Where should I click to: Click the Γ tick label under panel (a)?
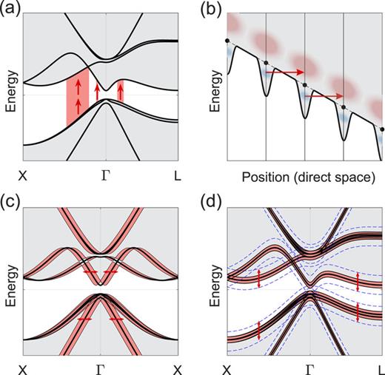(105, 177)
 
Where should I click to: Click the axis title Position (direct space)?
(304, 178)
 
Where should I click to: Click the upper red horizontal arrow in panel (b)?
(284, 72)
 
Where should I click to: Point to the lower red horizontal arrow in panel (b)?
(324, 96)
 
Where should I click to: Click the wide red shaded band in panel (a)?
(78, 95)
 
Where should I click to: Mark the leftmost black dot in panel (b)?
(227, 39)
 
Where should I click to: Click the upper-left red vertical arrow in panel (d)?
(258, 278)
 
